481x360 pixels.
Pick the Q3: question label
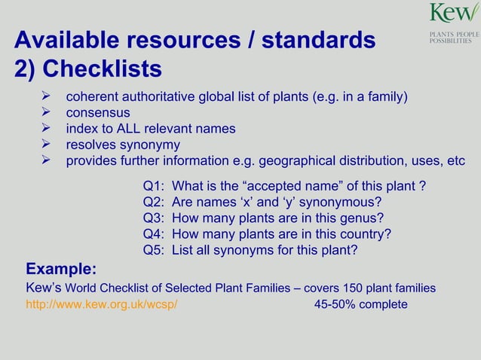pos(154,218)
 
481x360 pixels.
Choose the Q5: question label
pos(154,250)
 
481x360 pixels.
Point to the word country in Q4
pos(363,234)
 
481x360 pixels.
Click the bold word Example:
pos(61,269)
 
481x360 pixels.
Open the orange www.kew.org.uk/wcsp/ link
pos(102,305)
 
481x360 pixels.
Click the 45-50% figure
pos(337,305)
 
